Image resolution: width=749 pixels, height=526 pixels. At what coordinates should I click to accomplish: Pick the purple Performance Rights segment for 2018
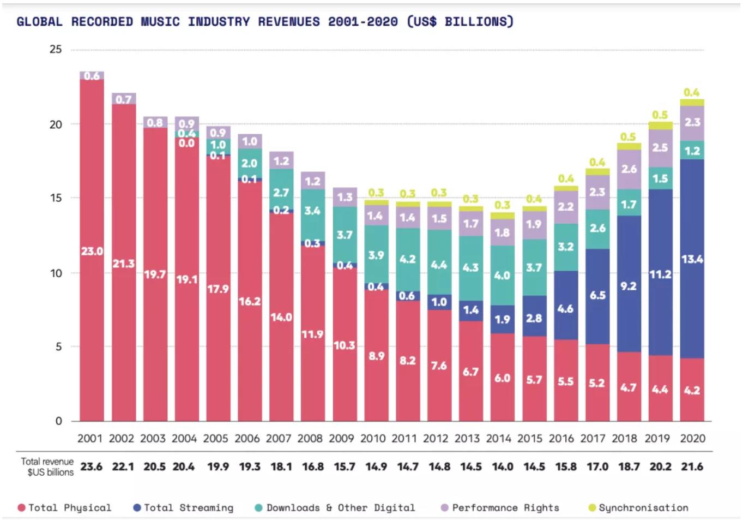point(629,169)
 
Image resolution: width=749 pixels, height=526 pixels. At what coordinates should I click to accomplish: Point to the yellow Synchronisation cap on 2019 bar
point(660,126)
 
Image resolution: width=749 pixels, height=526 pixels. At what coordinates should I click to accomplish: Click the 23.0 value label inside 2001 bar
point(92,251)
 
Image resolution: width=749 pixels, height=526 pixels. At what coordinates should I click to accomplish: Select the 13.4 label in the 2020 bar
point(692,259)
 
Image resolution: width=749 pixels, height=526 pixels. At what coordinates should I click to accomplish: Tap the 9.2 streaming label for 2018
point(629,286)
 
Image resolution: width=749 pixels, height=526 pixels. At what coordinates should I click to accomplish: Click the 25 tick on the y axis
point(56,49)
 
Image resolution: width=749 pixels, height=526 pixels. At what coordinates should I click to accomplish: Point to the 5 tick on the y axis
point(58,347)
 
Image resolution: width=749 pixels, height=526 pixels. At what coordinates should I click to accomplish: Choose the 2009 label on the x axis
point(341,438)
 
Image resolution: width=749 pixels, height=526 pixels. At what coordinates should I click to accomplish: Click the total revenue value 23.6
point(91,467)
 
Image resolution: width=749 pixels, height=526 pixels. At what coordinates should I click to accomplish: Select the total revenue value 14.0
point(503,467)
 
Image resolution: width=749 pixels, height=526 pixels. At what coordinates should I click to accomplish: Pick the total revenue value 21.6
point(692,467)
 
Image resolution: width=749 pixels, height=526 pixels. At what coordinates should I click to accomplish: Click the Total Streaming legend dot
point(137,508)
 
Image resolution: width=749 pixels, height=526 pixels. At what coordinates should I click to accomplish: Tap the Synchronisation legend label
point(643,508)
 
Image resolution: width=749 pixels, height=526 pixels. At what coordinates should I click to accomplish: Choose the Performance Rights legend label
point(505,508)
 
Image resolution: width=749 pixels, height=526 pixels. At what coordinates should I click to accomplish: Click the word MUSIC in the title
point(160,22)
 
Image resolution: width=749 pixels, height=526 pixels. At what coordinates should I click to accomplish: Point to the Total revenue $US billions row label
point(47,467)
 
